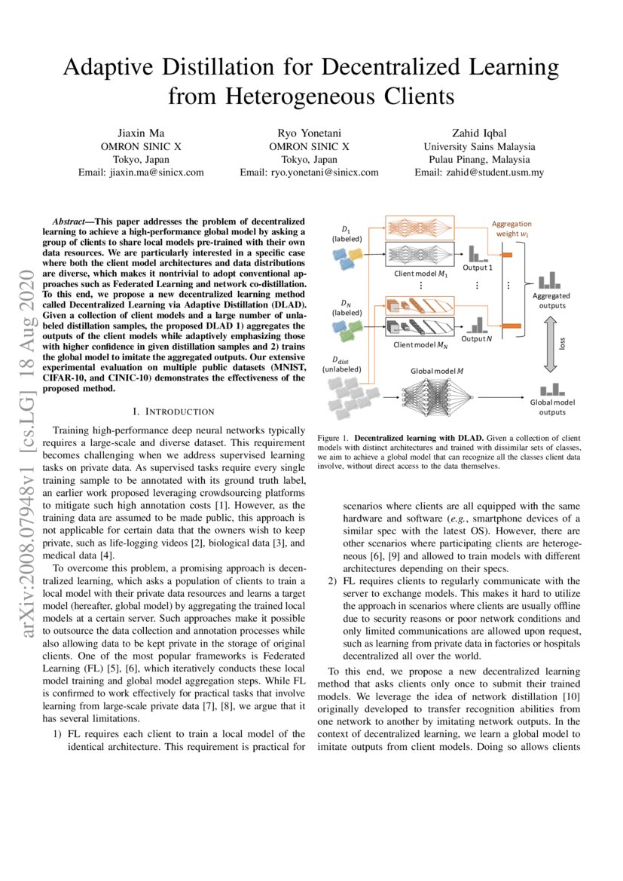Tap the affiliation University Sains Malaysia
coord(479,145)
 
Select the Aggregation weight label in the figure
coord(512,228)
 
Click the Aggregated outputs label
coord(551,301)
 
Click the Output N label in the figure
coord(477,338)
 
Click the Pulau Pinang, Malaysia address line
coord(479,159)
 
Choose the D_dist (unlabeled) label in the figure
coord(342,365)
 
